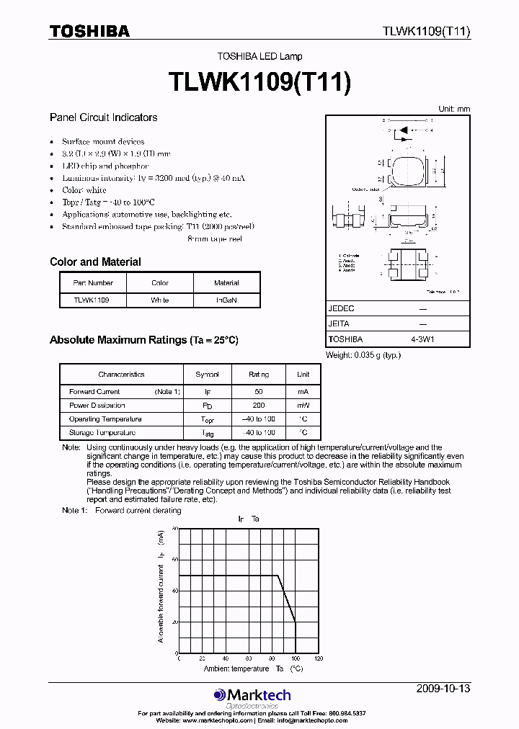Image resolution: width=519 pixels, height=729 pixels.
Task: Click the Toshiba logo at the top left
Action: tap(89, 31)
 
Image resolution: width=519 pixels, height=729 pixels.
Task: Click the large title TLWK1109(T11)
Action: tap(259, 81)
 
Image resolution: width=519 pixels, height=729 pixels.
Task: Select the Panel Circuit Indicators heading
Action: tap(103, 117)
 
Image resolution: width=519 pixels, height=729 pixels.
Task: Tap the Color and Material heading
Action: tap(95, 262)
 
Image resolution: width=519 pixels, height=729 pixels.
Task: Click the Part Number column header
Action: tap(93, 283)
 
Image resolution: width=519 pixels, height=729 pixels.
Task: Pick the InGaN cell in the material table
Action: tap(226, 300)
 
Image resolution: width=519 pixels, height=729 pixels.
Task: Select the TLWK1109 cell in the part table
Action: tap(93, 300)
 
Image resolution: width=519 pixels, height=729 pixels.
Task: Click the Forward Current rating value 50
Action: tap(259, 391)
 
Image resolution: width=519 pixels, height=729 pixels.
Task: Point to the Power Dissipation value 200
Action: tap(259, 405)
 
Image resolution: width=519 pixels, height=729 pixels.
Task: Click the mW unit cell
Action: tap(303, 405)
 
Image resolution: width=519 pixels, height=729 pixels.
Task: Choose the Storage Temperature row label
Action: tap(102, 433)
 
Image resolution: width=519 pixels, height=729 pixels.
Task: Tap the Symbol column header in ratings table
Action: tap(208, 375)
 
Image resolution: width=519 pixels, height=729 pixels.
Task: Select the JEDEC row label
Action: tap(341, 308)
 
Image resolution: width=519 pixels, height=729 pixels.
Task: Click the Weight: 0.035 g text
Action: tap(363, 354)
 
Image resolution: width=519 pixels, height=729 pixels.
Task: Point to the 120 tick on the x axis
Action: tap(318, 658)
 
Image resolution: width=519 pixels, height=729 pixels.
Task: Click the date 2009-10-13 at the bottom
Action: tap(443, 689)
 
